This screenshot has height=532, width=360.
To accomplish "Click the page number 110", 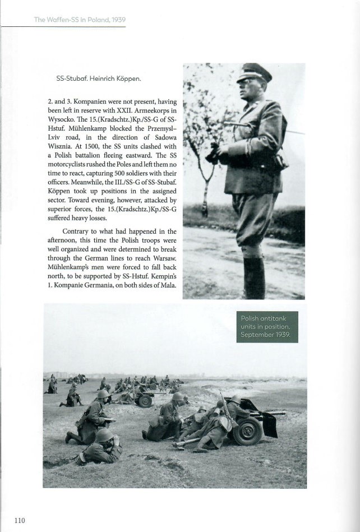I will (x=20, y=521).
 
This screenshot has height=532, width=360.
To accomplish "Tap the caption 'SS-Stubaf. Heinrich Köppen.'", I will (x=99, y=79).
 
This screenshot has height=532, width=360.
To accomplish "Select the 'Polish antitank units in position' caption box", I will (x=267, y=327).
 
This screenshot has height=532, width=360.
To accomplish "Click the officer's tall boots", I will (x=254, y=277).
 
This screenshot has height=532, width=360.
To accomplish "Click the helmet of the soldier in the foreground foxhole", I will (x=105, y=436).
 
